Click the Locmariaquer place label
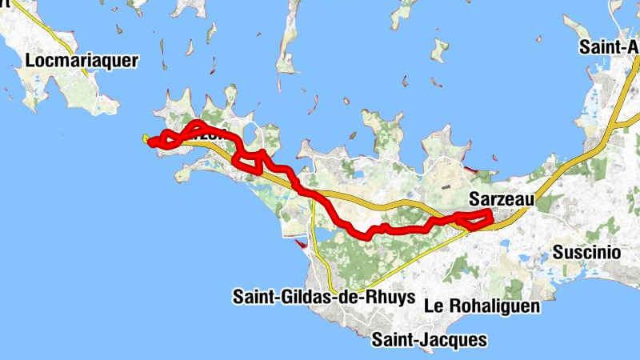click(x=82, y=60)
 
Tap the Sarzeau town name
click(x=495, y=197)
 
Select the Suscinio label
click(x=586, y=252)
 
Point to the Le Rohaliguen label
click(x=482, y=306)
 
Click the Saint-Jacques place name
click(x=429, y=340)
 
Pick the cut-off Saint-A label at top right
click(x=610, y=47)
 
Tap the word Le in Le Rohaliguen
click(x=434, y=306)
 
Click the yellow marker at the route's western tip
click(x=146, y=140)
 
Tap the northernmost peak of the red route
click(x=196, y=124)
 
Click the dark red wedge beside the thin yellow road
click(x=301, y=244)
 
